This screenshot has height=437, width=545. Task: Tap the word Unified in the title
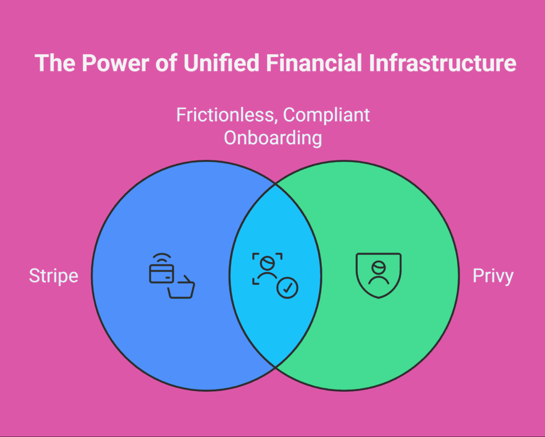[x=221, y=63]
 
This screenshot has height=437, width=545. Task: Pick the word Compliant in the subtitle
[x=327, y=116]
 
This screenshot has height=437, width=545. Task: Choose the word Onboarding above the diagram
[x=273, y=138]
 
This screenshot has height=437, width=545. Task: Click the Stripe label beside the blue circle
[x=54, y=276]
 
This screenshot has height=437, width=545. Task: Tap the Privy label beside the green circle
[x=493, y=276]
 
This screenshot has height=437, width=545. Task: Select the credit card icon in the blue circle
[x=162, y=274]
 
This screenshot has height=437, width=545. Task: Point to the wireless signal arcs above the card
[x=162, y=258]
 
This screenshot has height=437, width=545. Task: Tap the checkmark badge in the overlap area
[x=287, y=288]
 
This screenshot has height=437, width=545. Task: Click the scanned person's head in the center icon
[x=267, y=262]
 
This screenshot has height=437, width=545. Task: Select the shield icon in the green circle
[x=378, y=276]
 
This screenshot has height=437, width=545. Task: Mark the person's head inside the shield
[x=378, y=267]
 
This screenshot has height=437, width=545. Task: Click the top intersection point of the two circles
[x=276, y=184]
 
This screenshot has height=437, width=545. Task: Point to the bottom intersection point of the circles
[x=276, y=367]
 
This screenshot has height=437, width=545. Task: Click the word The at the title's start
[x=55, y=63]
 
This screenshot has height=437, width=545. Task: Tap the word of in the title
[x=167, y=63]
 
